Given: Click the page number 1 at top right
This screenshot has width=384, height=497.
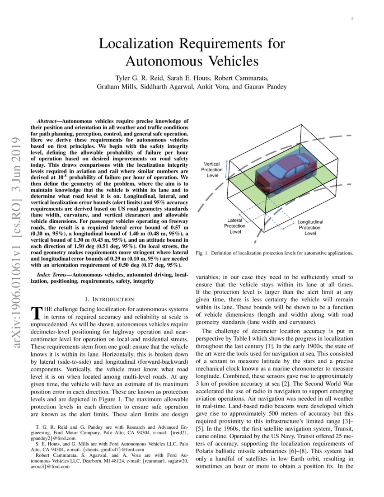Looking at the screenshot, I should tap(351, 19).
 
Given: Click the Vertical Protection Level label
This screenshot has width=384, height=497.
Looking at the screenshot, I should tap(212, 169).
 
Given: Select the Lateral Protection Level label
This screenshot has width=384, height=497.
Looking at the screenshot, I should tap(235, 226).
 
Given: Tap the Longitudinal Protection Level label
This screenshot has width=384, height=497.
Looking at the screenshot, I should tap(310, 228).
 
